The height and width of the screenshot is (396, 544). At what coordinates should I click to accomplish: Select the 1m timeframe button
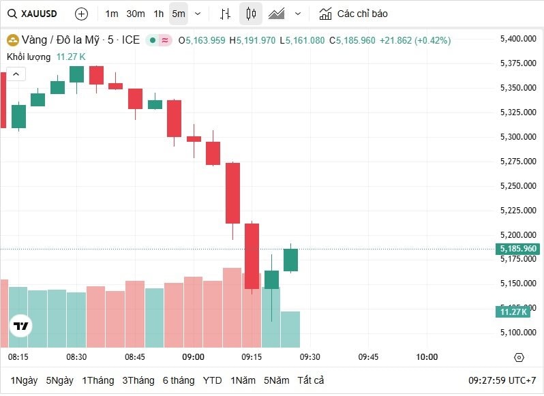tap(112, 14)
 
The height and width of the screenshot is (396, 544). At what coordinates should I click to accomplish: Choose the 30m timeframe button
tap(136, 14)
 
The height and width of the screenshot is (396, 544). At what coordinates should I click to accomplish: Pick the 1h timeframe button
tap(158, 14)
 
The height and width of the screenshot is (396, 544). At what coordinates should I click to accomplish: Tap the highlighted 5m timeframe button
tap(178, 14)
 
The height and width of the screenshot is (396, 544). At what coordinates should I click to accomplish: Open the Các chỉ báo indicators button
tap(354, 14)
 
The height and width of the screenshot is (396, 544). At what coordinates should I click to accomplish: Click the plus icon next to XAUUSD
tap(81, 14)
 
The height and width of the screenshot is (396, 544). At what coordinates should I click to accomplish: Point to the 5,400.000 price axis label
tap(518, 39)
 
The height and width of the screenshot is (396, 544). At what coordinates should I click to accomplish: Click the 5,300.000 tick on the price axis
tap(518, 137)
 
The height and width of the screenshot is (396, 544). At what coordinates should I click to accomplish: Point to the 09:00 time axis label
tap(193, 357)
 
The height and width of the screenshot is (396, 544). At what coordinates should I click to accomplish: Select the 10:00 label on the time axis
tap(427, 357)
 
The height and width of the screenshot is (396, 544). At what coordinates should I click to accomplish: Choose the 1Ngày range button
tap(24, 380)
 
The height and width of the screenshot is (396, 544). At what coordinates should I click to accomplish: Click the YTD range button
tap(212, 380)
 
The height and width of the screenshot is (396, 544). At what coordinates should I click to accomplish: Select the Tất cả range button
tap(311, 380)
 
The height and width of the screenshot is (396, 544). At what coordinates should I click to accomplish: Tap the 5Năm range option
tap(277, 380)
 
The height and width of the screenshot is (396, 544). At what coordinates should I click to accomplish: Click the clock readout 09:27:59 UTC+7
tap(502, 380)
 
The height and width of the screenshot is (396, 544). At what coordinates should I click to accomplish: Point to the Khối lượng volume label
tap(29, 57)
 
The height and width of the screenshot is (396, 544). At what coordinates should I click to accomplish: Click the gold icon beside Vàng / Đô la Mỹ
tap(12, 40)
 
